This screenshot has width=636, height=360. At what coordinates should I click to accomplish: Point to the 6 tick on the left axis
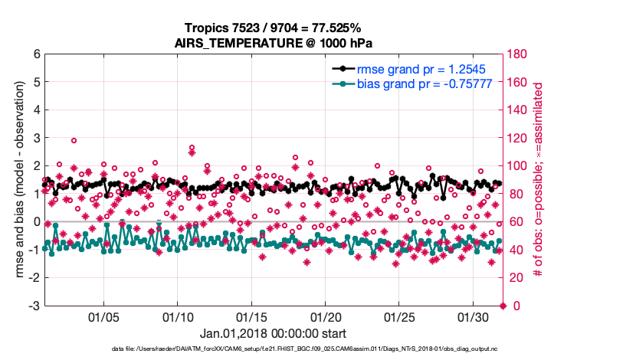coord(36,54)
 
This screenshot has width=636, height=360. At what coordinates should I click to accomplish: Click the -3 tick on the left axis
coord(34,306)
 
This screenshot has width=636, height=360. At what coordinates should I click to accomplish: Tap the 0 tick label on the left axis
coord(36,222)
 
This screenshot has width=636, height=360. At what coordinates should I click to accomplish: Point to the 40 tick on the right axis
coord(515,250)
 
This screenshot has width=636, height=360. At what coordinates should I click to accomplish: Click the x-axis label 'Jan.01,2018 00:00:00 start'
coord(273,334)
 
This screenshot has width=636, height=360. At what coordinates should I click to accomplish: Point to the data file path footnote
coord(274,349)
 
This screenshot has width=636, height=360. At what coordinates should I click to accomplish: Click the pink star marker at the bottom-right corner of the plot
coord(503,306)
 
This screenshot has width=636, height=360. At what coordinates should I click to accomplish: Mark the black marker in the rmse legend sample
coord(342,69)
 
